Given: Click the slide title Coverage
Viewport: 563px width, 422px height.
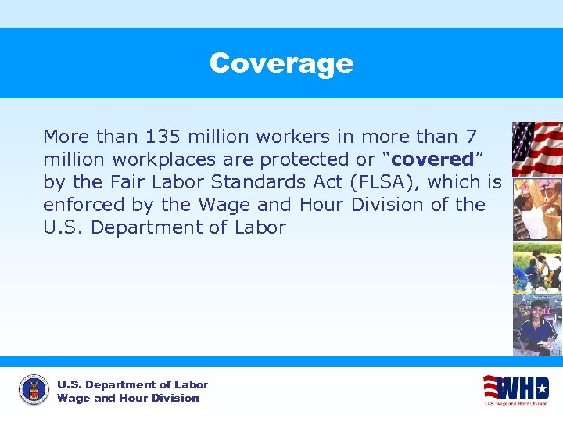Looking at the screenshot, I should (x=281, y=63).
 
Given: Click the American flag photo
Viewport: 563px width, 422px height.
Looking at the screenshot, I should (x=537, y=148).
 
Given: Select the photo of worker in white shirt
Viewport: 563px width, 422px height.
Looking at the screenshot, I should (x=537, y=209).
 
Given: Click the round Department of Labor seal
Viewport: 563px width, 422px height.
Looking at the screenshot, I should (x=33, y=390).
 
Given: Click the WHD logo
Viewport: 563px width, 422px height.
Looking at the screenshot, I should (x=515, y=389).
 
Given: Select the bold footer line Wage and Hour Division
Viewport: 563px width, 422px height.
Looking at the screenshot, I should (x=128, y=398).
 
